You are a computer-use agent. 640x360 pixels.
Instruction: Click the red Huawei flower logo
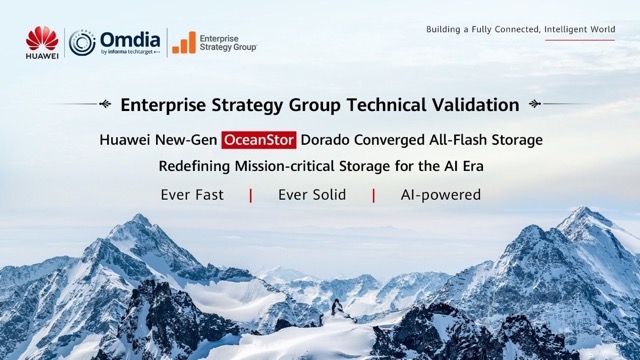(42, 38)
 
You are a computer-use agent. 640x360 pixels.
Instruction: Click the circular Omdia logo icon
(82, 42)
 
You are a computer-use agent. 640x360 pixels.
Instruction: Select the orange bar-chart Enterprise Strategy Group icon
(183, 42)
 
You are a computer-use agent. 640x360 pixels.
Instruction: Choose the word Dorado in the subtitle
(327, 140)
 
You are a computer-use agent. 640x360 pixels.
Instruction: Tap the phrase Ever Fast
(192, 194)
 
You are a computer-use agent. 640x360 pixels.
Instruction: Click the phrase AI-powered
(440, 194)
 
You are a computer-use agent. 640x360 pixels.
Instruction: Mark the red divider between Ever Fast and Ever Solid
(250, 194)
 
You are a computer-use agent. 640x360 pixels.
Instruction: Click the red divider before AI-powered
(373, 194)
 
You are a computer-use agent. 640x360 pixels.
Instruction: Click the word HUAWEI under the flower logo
(42, 56)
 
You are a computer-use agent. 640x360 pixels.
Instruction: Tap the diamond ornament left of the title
(105, 104)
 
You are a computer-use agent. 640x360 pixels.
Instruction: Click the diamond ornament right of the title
(534, 104)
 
